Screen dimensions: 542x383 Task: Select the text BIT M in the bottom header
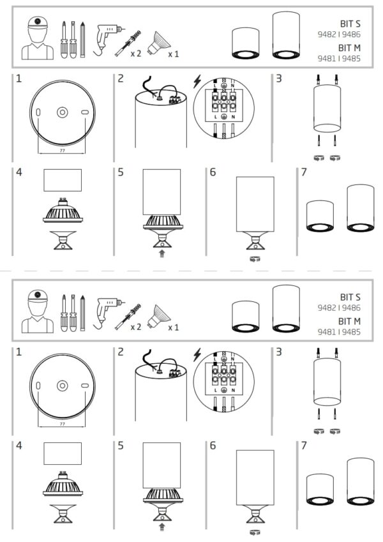point(350,320)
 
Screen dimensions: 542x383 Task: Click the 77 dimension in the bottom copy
point(61,423)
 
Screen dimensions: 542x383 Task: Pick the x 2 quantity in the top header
point(135,54)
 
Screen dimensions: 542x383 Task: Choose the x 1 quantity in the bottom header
point(173,327)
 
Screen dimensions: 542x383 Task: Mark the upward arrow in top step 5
point(162,253)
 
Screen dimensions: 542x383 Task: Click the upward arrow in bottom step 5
point(162,527)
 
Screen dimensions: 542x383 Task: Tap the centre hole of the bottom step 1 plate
point(62,386)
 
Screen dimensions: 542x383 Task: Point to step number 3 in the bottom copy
point(280,352)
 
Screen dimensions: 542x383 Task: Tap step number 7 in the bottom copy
point(304,445)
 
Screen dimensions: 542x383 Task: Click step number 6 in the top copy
point(213,173)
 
